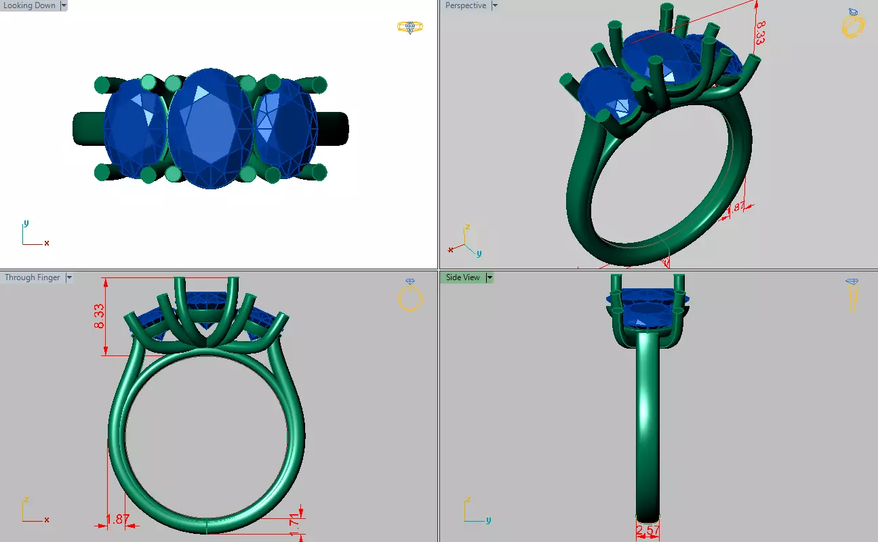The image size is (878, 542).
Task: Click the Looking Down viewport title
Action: (30, 5)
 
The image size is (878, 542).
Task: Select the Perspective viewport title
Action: (466, 5)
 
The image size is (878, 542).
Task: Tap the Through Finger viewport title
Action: (32, 277)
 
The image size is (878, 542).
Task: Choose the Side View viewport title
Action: (462, 277)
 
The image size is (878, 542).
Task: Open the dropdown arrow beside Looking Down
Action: (64, 5)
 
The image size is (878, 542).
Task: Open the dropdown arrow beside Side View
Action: (490, 277)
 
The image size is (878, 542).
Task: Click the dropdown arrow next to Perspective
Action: (495, 5)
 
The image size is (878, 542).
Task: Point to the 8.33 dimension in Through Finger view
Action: (99, 316)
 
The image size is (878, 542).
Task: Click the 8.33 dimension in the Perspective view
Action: (761, 32)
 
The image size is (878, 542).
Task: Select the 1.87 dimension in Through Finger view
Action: (117, 519)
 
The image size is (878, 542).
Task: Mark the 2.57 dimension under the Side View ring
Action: (647, 529)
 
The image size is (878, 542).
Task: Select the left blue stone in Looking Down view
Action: (134, 129)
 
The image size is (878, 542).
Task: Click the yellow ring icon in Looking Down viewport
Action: (410, 27)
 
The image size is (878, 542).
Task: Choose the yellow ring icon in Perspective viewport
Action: (853, 24)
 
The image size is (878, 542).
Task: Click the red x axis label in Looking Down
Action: (47, 243)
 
